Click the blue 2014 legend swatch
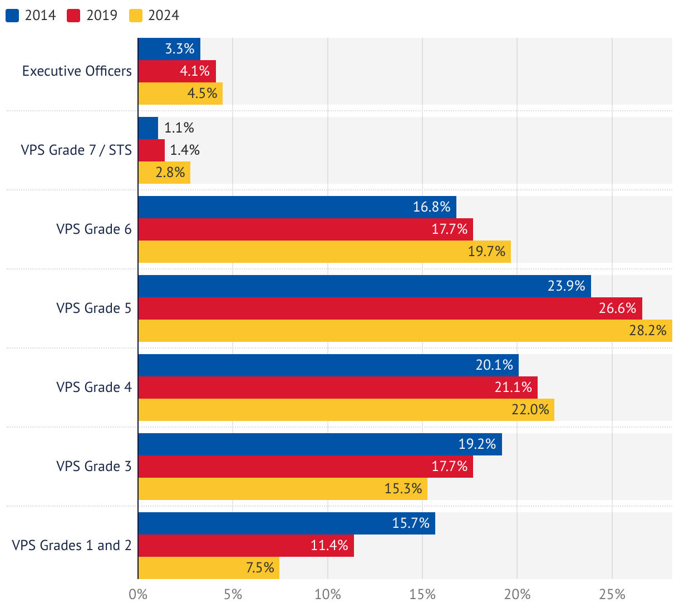click(x=12, y=16)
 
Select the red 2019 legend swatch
click(x=73, y=16)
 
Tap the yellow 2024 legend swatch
click(x=136, y=16)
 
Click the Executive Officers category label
click(x=77, y=71)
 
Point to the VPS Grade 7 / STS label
click(x=76, y=150)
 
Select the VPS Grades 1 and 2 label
click(x=72, y=546)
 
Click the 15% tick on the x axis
click(x=422, y=595)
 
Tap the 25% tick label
click(x=612, y=595)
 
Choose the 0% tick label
click(x=138, y=595)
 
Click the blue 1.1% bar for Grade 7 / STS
click(x=148, y=128)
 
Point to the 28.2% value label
click(x=648, y=331)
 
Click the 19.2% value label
click(x=477, y=444)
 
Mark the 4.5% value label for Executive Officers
click(x=202, y=94)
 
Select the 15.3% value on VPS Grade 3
click(x=403, y=489)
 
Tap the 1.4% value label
click(x=185, y=150)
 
